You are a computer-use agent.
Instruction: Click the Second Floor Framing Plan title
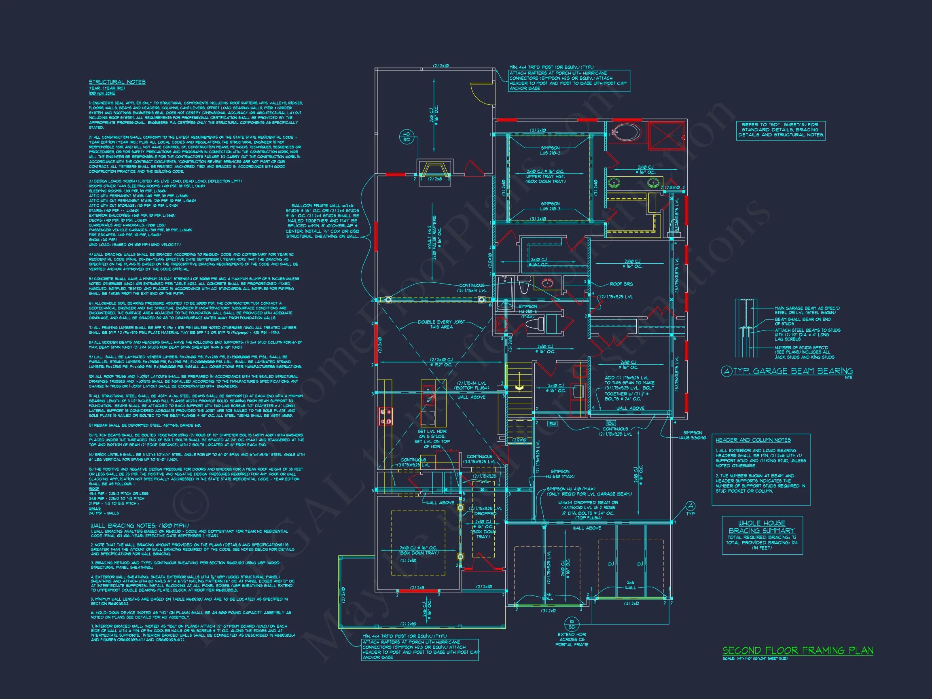798,650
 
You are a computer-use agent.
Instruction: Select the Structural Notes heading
117,82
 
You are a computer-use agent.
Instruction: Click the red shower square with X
666,136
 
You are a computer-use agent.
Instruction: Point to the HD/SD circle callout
407,137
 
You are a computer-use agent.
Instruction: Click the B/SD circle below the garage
572,624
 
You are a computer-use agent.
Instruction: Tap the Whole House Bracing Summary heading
761,527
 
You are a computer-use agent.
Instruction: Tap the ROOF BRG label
621,284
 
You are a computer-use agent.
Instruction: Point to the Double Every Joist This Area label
441,324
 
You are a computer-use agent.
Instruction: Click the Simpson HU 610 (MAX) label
560,474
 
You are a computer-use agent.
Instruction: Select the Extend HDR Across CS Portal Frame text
572,639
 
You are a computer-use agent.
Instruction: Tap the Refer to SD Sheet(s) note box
780,130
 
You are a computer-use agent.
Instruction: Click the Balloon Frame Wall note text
322,221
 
